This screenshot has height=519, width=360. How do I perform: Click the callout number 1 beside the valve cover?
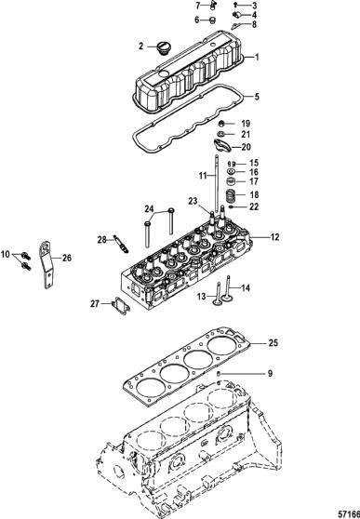257,58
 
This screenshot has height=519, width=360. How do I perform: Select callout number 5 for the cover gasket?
257,97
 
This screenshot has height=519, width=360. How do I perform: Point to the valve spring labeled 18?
230,196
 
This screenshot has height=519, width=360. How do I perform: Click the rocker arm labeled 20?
221,146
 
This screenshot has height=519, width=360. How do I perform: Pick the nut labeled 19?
221,124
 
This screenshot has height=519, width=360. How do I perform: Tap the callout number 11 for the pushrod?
203,176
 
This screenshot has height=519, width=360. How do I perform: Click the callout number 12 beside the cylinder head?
275,237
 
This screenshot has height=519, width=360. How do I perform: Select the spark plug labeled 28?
120,244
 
